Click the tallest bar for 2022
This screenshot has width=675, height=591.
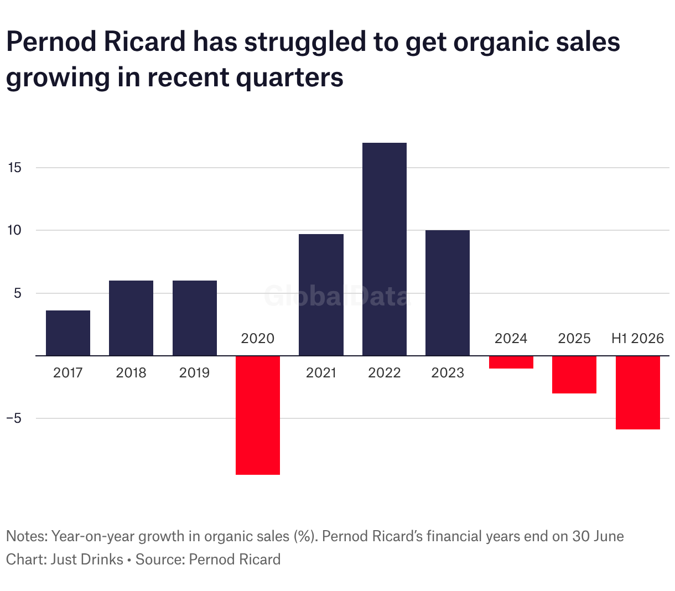pos(384,249)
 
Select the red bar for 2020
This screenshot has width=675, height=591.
pos(258,415)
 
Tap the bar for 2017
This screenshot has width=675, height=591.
pos(68,333)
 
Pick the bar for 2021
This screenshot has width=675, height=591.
pos(321,294)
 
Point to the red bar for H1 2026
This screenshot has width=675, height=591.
pos(638,392)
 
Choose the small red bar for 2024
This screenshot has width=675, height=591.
pos(511,362)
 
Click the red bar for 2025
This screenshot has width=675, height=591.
pos(574,375)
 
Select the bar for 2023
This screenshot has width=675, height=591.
pos(448,293)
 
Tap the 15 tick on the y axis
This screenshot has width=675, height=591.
pos(14,167)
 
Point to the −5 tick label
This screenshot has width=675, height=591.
pos(14,418)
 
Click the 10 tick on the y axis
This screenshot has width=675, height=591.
pos(14,230)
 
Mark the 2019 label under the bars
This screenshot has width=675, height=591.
pos(194,373)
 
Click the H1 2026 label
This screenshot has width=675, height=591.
pos(637,338)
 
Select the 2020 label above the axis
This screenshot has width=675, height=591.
pos(258,338)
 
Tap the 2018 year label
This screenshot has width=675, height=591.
pos(131,373)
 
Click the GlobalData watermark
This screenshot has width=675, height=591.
pos(337,296)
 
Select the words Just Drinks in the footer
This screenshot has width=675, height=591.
pos(87,559)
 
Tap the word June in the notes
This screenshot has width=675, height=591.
pos(608,536)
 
